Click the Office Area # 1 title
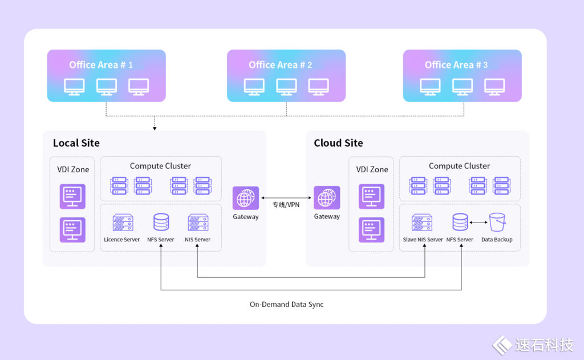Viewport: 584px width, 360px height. pyautogui.click(x=101, y=65)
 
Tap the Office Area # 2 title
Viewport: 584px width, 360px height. pyautogui.click(x=280, y=65)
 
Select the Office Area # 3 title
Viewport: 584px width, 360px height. pyautogui.click(x=456, y=65)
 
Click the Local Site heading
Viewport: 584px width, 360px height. pyautogui.click(x=76, y=143)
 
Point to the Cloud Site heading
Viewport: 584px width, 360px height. pyautogui.click(x=338, y=143)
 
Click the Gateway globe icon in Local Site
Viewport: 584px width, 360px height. pyautogui.click(x=246, y=199)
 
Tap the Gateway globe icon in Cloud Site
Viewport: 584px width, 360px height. pyautogui.click(x=327, y=199)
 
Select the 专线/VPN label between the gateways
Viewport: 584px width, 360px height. pyautogui.click(x=286, y=204)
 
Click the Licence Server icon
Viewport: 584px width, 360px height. pyautogui.click(x=122, y=223)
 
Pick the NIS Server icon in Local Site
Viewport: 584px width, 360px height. pyautogui.click(x=197, y=223)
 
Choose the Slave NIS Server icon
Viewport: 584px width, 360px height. pyautogui.click(x=422, y=223)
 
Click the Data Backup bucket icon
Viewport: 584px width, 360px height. pyautogui.click(x=497, y=222)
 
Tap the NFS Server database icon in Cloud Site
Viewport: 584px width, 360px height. pyautogui.click(x=460, y=223)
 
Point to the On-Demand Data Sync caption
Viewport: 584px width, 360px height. pyautogui.click(x=286, y=305)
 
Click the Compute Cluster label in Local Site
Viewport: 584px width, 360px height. pyautogui.click(x=160, y=166)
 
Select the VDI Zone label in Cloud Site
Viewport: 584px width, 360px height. pyautogui.click(x=372, y=169)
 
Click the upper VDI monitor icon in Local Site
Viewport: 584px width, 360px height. pyautogui.click(x=72, y=196)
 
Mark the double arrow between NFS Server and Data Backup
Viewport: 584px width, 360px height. pyautogui.click(x=478, y=222)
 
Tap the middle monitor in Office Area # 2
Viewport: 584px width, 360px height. pyautogui.click(x=286, y=86)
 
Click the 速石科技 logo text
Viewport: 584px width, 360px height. pyautogui.click(x=544, y=345)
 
